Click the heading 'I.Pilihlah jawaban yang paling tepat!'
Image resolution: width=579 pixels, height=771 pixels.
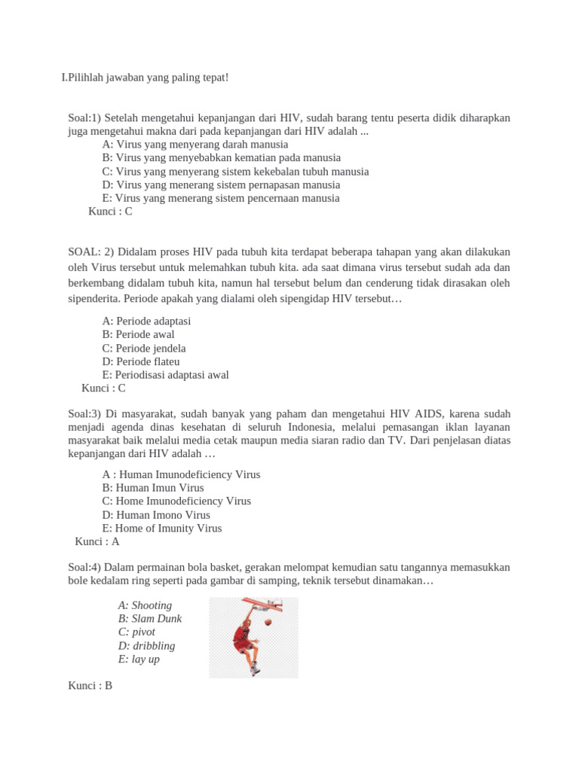[x=145, y=78]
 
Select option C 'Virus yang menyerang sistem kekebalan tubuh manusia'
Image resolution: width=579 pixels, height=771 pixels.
[x=235, y=171]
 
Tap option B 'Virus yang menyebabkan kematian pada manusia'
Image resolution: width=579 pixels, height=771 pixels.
[x=221, y=157]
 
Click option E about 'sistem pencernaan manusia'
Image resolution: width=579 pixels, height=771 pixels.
[x=221, y=198]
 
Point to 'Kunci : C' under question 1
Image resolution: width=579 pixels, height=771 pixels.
[x=110, y=212]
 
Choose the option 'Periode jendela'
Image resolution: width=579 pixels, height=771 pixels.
[x=144, y=348]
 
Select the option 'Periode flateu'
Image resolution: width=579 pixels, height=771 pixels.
[x=141, y=361]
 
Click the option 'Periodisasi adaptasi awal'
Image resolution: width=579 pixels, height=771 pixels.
[x=165, y=375]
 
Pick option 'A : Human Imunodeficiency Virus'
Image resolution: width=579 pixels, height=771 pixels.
[x=181, y=474]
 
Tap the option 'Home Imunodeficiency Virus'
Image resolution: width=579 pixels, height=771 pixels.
[x=176, y=501]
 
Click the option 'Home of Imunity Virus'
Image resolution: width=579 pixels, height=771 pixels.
[x=162, y=528]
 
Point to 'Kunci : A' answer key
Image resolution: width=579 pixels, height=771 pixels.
[x=97, y=541]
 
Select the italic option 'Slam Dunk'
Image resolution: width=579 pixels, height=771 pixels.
[x=150, y=619]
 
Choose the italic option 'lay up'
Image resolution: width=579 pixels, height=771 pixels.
[x=139, y=659]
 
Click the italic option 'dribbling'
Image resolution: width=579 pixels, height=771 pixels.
[x=146, y=645]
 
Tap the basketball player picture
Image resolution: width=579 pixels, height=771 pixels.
[x=253, y=637]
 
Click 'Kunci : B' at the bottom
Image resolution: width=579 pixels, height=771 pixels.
[x=90, y=686]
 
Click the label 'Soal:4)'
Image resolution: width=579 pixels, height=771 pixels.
[x=84, y=566]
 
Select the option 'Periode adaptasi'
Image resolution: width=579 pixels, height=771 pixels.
[x=146, y=321]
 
